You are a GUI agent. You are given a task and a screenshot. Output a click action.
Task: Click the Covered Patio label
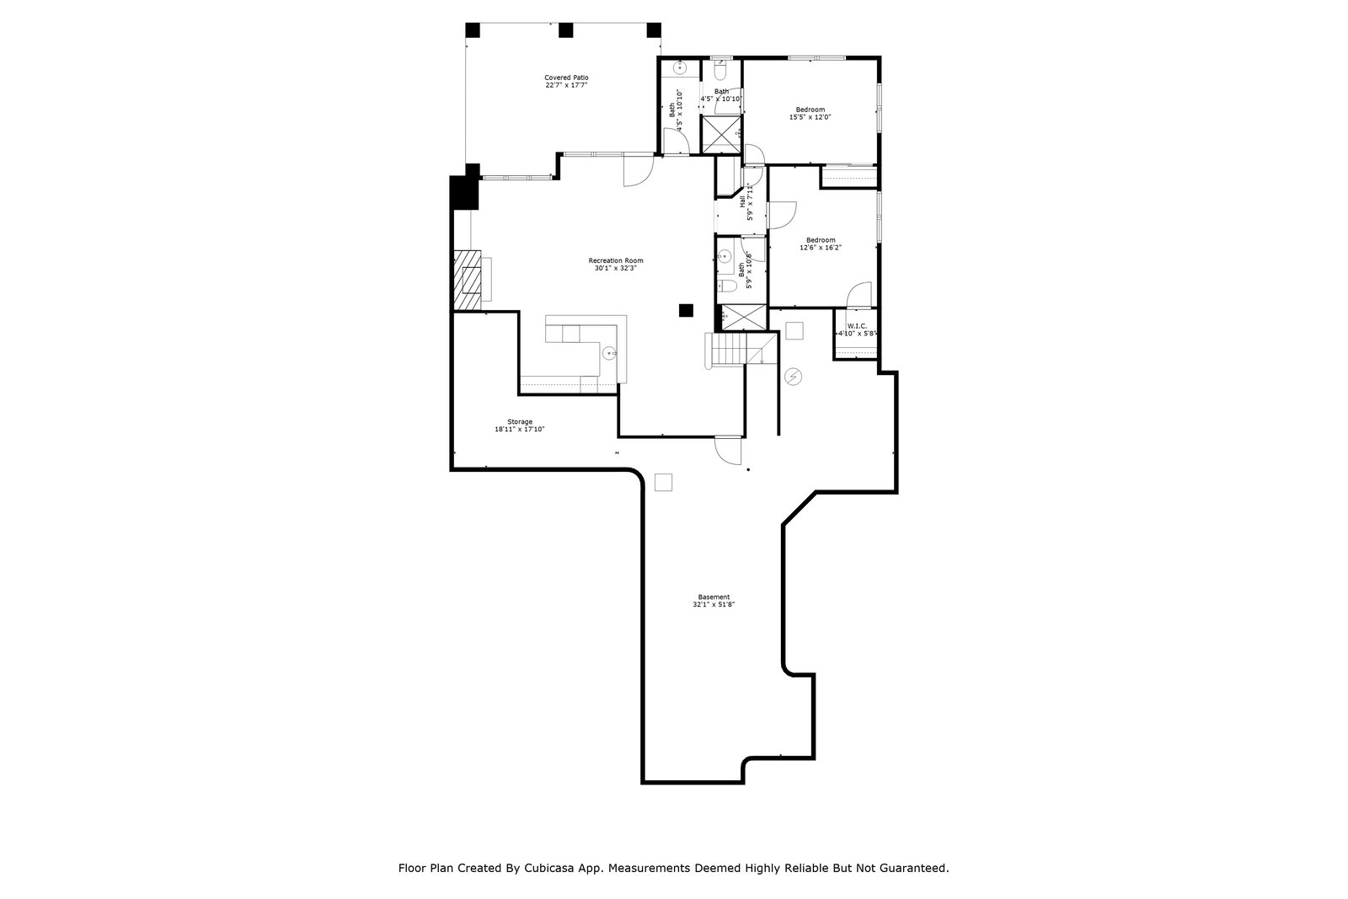[566, 81]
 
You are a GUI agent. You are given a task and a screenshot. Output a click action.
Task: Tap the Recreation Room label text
[615, 264]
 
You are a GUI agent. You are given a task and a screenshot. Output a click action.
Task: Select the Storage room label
[519, 425]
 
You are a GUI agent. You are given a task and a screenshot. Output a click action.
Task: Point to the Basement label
[708, 601]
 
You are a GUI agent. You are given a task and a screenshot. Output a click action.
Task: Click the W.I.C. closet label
[857, 329]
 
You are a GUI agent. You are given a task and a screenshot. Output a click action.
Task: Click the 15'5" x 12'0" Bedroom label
[810, 113]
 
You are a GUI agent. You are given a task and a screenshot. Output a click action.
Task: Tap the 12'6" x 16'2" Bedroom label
[821, 243]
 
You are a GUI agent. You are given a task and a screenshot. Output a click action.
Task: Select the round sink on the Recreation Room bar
[609, 353]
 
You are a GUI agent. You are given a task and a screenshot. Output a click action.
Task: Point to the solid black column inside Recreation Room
[687, 310]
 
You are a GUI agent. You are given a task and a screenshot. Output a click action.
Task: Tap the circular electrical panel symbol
[792, 376]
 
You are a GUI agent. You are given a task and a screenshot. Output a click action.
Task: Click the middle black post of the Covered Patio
[565, 29]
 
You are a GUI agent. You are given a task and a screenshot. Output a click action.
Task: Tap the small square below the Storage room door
[664, 482]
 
